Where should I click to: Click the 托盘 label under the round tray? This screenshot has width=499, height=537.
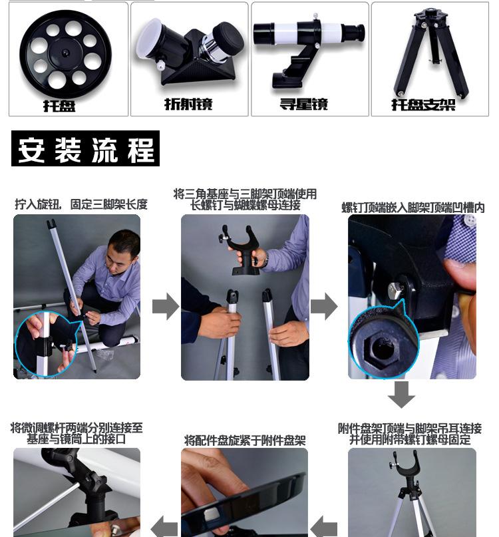coord(59,106)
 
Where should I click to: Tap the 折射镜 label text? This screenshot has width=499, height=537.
coord(189,104)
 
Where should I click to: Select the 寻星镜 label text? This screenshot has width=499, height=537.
coord(304,104)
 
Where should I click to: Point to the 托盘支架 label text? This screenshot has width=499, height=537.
coord(423,104)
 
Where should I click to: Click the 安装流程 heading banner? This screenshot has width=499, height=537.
coord(85,148)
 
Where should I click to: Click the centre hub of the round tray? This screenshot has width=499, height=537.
coord(65,53)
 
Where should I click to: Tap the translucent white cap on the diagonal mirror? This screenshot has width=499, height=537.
coord(148,39)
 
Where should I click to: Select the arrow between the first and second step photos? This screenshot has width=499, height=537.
coord(166,306)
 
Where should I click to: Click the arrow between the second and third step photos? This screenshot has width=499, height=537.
coord(324,306)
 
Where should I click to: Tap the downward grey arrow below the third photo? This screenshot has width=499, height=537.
coord(401,395)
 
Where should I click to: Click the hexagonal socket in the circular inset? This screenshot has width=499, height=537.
coord(380,349)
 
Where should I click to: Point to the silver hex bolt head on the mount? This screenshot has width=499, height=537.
coord(396,291)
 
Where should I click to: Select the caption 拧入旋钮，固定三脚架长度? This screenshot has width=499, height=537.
coord(81,204)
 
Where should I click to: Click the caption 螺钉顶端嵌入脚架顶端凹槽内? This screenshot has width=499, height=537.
coord(413,208)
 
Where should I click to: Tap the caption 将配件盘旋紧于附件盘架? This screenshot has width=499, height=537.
coord(245,441)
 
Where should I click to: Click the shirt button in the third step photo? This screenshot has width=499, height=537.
coord(469,220)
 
